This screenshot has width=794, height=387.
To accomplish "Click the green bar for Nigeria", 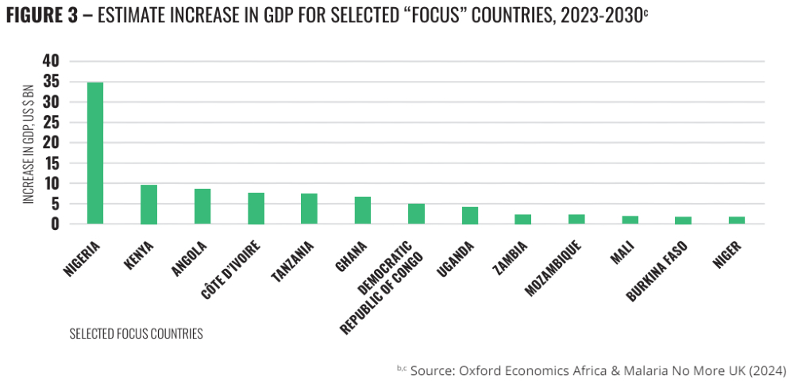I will pos(95,153).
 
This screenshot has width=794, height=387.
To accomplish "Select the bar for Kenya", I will pos(148,205).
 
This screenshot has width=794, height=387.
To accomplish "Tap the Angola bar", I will pos(202,206).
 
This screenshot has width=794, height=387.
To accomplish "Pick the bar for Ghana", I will pos(363,210).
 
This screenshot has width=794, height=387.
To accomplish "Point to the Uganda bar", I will pos(469,215).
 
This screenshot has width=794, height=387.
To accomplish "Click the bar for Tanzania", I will pos(309,209).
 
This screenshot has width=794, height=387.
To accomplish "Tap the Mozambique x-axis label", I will pos(556,266).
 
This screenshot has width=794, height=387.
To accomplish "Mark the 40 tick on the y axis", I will pos(51,61).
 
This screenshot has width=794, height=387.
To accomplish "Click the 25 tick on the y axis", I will pos(51,122).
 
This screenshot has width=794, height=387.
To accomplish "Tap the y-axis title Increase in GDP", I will pos(29,143).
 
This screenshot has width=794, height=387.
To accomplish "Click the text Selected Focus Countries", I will pos(136,334).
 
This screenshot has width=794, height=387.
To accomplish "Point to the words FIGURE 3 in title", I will pos(44,17).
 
